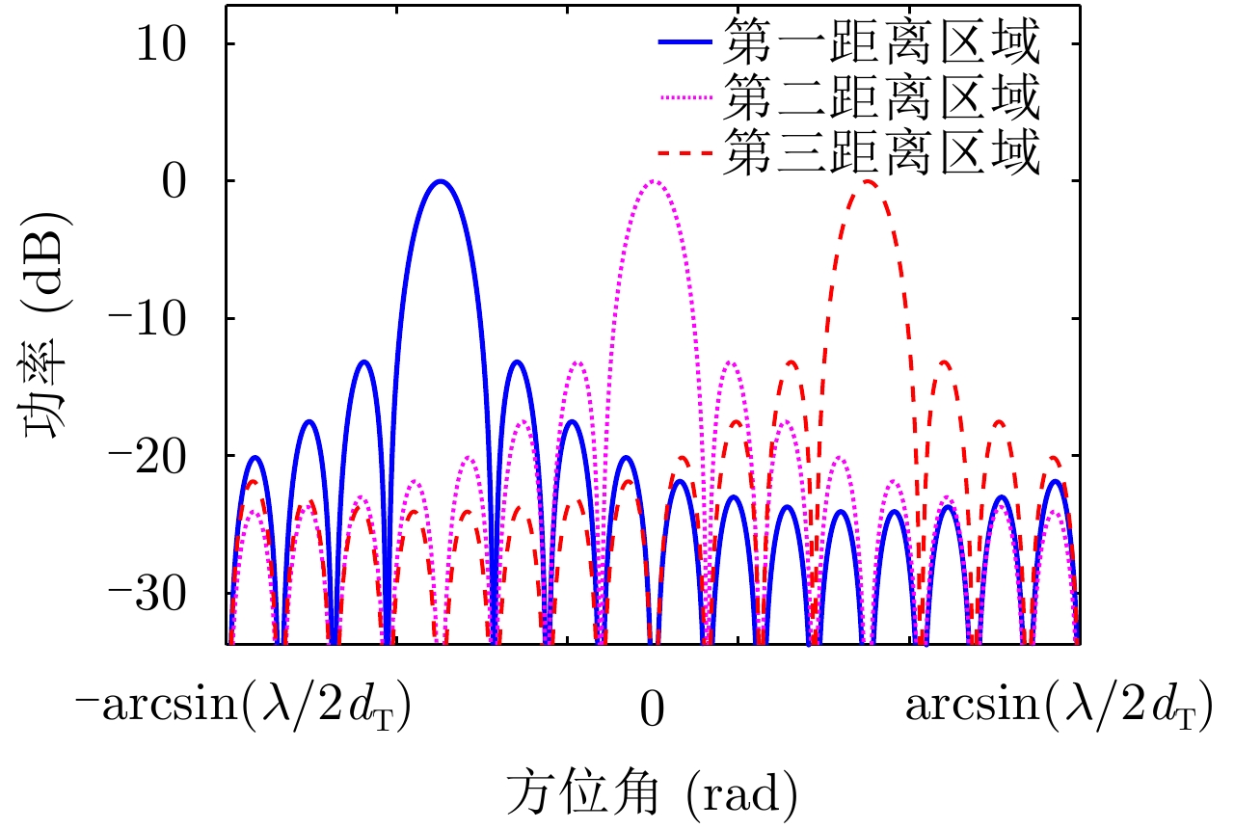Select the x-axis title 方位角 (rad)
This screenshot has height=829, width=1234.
pyautogui.click(x=652, y=793)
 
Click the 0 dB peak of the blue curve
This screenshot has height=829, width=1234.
pyautogui.click(x=441, y=181)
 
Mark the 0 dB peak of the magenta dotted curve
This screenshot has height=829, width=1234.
pyautogui.click(x=654, y=181)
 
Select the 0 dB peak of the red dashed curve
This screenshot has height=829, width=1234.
pyautogui.click(x=868, y=181)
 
